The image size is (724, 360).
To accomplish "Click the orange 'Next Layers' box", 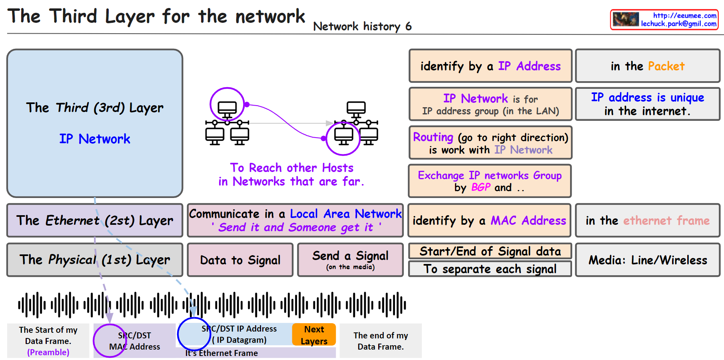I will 314,335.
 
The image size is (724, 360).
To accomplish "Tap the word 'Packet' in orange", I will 666,66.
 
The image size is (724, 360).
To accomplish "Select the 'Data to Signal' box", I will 240,260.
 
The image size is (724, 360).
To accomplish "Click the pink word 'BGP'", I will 481,187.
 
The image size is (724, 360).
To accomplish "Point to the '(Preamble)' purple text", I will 48,352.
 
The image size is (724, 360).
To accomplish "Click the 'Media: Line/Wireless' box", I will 647,260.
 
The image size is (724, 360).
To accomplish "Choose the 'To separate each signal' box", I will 490,269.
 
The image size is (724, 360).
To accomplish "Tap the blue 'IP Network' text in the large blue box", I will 95,139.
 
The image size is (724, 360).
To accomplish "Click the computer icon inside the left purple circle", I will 227,108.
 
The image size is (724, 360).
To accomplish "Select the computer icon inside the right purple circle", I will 343,137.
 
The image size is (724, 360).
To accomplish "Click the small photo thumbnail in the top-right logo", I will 626,20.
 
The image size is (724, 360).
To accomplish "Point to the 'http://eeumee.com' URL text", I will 684,16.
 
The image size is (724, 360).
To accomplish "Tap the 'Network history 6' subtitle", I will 362,26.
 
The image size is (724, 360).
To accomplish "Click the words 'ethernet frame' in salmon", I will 666,220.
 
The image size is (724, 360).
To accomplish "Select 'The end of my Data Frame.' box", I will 381,341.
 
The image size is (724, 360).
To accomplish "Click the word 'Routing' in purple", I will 433,137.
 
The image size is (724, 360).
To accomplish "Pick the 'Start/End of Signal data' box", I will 490,251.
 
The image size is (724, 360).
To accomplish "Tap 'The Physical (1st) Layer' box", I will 95,260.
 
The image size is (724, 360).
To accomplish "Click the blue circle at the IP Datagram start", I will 194,334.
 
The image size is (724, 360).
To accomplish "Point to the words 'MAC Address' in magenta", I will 528,220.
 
